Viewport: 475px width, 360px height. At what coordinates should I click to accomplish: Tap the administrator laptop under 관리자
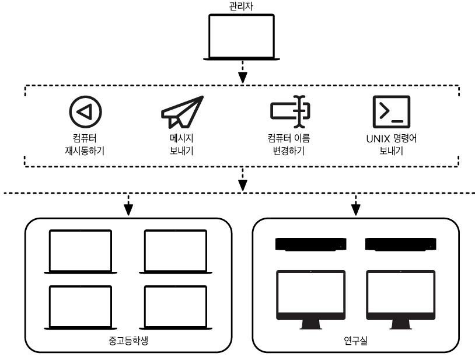click(242, 37)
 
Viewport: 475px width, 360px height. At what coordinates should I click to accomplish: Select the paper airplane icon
click(181, 110)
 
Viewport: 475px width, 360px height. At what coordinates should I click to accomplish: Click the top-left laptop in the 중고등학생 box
click(80, 251)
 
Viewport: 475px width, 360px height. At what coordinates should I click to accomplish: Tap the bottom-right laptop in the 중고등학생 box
click(174, 307)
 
